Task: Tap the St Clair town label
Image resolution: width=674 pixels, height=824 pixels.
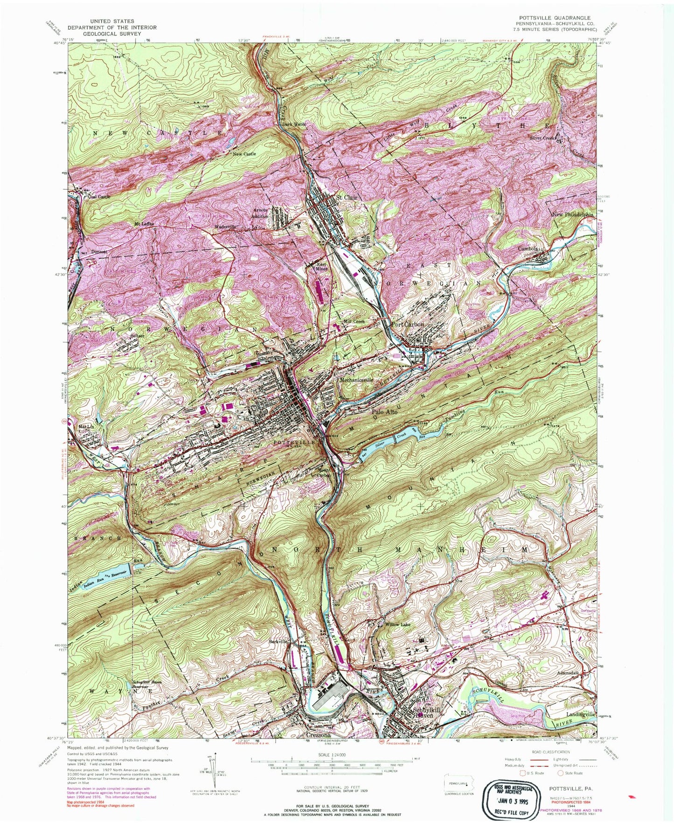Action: (347, 198)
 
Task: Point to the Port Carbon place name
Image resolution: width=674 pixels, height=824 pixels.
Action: (408, 325)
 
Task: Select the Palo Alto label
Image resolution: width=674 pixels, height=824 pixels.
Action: (384, 412)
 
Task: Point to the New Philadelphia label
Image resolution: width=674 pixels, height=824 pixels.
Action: (573, 215)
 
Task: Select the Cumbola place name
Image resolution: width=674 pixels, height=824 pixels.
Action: (528, 249)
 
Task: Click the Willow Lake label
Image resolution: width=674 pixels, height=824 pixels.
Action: (397, 624)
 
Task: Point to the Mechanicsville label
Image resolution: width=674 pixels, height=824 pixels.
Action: (356, 380)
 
